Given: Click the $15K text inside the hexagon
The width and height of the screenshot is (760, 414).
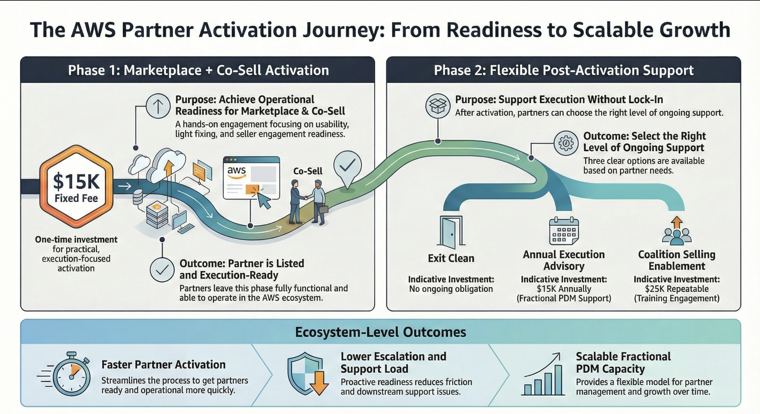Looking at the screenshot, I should (x=76, y=182).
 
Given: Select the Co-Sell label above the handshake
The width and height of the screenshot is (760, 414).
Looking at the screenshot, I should (x=307, y=171).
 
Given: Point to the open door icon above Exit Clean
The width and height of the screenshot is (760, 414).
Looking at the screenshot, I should (x=451, y=232).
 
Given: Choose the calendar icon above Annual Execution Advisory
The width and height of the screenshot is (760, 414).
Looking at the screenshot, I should (x=563, y=231).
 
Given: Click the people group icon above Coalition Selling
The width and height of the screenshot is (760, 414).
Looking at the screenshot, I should (x=677, y=232).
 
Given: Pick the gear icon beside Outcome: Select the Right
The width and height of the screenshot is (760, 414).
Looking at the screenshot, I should (x=566, y=143).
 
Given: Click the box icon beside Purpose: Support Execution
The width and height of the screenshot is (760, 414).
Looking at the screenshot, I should (x=437, y=106).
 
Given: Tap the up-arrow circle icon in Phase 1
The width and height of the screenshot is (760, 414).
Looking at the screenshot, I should (x=158, y=106).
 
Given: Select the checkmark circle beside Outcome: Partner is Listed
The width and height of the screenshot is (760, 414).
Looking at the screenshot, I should (x=162, y=270).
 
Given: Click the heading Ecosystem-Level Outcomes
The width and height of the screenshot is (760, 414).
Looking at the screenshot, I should (x=380, y=332).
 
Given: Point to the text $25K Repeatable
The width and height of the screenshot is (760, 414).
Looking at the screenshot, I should (x=677, y=289).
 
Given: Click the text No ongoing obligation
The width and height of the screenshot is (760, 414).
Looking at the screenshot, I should (x=451, y=289).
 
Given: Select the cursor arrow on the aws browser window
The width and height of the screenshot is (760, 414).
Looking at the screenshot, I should (x=264, y=200).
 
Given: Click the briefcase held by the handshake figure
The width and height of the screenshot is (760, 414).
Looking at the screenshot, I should (x=323, y=210).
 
